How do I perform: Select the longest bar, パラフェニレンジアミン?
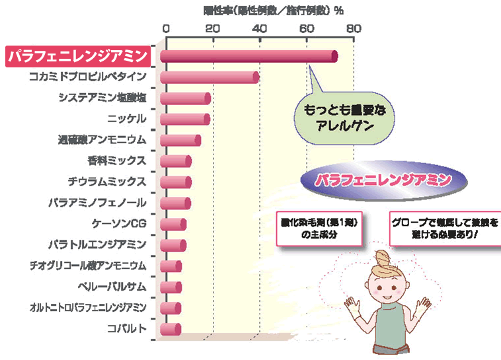(x=249, y=57)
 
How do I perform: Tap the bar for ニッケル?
(x=185, y=120)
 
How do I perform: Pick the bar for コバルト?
(x=171, y=328)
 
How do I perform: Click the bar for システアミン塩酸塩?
(x=185, y=98)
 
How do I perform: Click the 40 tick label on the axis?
(x=260, y=28)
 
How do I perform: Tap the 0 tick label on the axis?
(x=166, y=28)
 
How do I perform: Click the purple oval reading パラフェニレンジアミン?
(x=383, y=179)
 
